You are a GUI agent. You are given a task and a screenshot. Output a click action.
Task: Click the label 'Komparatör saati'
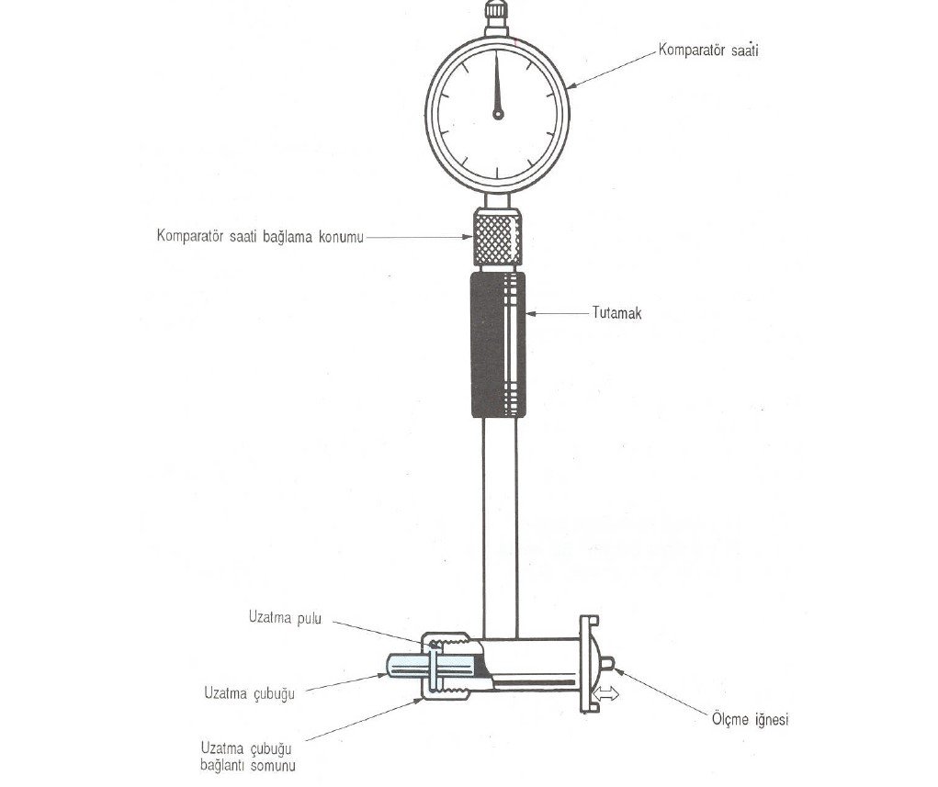point(708,50)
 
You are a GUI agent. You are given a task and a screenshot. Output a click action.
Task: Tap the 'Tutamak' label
point(616,313)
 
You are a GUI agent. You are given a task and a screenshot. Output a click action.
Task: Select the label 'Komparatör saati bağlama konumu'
point(260,236)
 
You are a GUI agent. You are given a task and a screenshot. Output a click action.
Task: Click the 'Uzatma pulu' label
point(285,618)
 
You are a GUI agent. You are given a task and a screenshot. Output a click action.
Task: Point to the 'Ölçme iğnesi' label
point(751,719)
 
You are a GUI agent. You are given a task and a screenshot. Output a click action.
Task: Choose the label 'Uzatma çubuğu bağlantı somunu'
point(248,757)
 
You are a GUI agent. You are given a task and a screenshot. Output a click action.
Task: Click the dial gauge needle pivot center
point(498,114)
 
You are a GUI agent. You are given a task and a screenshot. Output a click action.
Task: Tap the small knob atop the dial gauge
point(497,11)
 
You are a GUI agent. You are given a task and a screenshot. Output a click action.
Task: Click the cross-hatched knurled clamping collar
point(497,237)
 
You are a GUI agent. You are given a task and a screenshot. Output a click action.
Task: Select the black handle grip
point(498,344)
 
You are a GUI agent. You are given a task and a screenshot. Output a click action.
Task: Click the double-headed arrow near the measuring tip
point(605,694)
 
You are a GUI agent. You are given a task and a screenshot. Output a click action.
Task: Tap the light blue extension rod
point(431,666)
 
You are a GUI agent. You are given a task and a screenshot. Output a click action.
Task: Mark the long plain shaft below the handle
point(500,528)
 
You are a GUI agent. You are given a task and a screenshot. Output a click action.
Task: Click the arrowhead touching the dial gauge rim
point(571,86)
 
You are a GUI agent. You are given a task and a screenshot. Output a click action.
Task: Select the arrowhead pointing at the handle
point(532,313)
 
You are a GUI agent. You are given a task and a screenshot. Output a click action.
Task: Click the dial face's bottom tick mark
point(497,173)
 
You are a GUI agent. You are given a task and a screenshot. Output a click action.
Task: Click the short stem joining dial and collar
point(497,200)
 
